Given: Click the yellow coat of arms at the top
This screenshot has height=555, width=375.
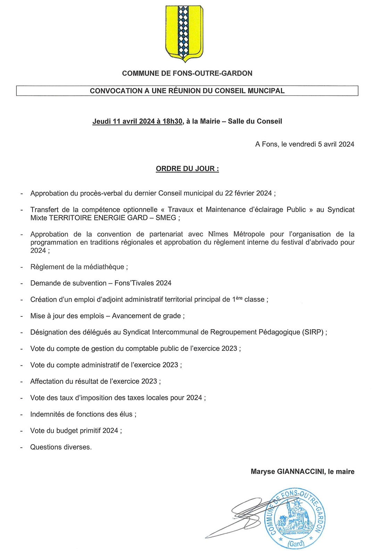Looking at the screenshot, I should [184, 33].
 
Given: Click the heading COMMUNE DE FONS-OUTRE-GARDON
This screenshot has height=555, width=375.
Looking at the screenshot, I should [187, 73].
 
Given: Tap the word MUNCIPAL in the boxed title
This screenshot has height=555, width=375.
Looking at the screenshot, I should [266, 91].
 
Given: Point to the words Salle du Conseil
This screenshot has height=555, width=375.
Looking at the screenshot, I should [255, 121].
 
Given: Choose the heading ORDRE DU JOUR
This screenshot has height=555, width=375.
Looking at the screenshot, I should [187, 169].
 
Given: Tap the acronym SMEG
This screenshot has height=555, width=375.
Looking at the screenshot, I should [166, 218].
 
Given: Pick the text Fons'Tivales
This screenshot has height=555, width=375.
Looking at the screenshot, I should [134, 283].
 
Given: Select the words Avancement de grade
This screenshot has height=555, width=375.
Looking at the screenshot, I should [147, 316].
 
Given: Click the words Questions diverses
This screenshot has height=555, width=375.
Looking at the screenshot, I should [61, 447].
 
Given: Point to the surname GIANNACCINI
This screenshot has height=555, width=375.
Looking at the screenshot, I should [301, 472].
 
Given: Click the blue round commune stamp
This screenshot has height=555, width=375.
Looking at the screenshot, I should [295, 518].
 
